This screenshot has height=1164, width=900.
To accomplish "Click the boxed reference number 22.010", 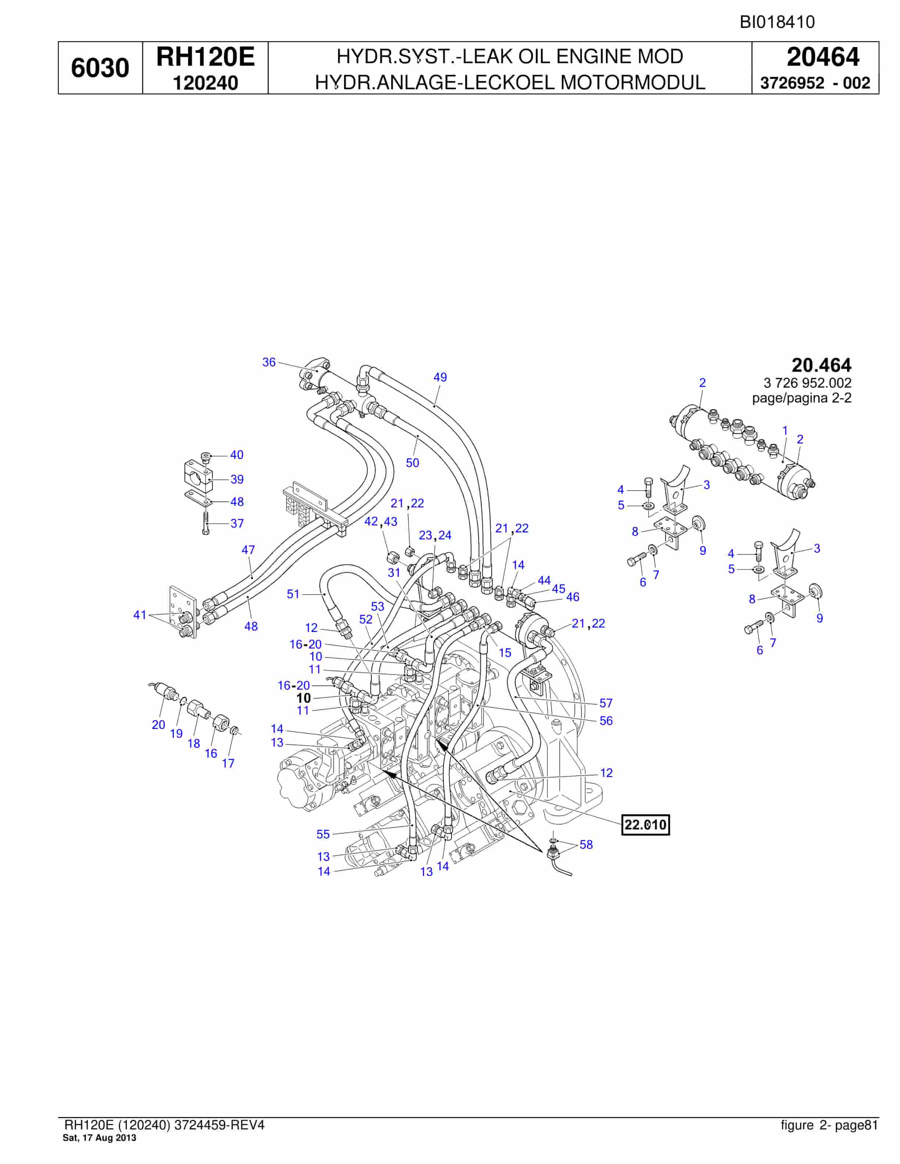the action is coord(645,824).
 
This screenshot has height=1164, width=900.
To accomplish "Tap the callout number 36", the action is coord(269,362).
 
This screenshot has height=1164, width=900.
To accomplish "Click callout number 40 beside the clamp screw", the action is coord(237,455).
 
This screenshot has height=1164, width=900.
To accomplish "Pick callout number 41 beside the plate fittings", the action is coord(140,615).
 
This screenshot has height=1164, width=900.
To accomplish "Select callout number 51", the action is coord(294,594).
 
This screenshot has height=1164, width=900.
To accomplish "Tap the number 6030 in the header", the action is coord(100,68).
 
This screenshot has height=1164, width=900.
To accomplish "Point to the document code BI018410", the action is coord(777,22).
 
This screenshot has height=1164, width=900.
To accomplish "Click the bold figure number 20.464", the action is coord(822,365).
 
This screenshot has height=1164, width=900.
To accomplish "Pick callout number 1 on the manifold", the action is coord(785,430).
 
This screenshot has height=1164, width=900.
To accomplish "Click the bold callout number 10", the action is coord(303,698).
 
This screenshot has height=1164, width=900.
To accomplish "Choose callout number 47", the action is coord(249,550).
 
